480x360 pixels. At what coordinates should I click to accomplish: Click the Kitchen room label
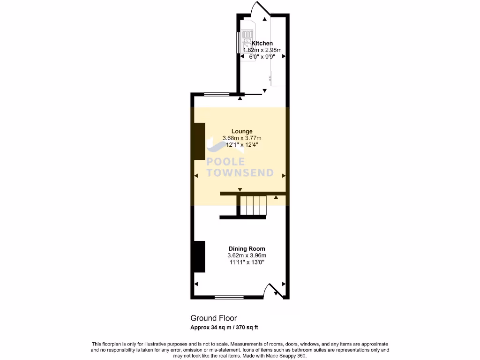[x=262, y=43]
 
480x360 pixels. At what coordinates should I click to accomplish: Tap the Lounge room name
[x=242, y=131]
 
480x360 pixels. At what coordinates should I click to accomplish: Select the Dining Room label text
[x=247, y=248]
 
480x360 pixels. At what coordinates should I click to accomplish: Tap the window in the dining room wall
[x=229, y=297]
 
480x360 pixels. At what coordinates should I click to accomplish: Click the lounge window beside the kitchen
[x=216, y=94]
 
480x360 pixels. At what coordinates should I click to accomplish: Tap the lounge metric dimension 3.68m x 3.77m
[x=242, y=138]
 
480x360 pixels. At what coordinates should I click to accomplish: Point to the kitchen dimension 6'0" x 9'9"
[x=262, y=56]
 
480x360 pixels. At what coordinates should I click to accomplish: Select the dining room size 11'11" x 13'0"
[x=247, y=262]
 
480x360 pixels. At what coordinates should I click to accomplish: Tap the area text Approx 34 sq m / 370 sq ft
[x=224, y=327]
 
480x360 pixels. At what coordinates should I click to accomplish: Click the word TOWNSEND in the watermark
[x=240, y=172]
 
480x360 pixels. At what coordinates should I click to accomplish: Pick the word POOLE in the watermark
[x=226, y=162]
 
